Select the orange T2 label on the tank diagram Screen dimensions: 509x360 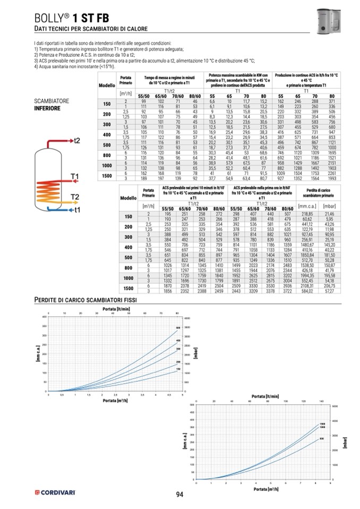(x=74, y=197)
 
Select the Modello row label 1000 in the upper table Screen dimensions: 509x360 (x=107, y=165)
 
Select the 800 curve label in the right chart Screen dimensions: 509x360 (x=321, y=438)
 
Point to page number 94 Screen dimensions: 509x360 (x=179, y=495)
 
